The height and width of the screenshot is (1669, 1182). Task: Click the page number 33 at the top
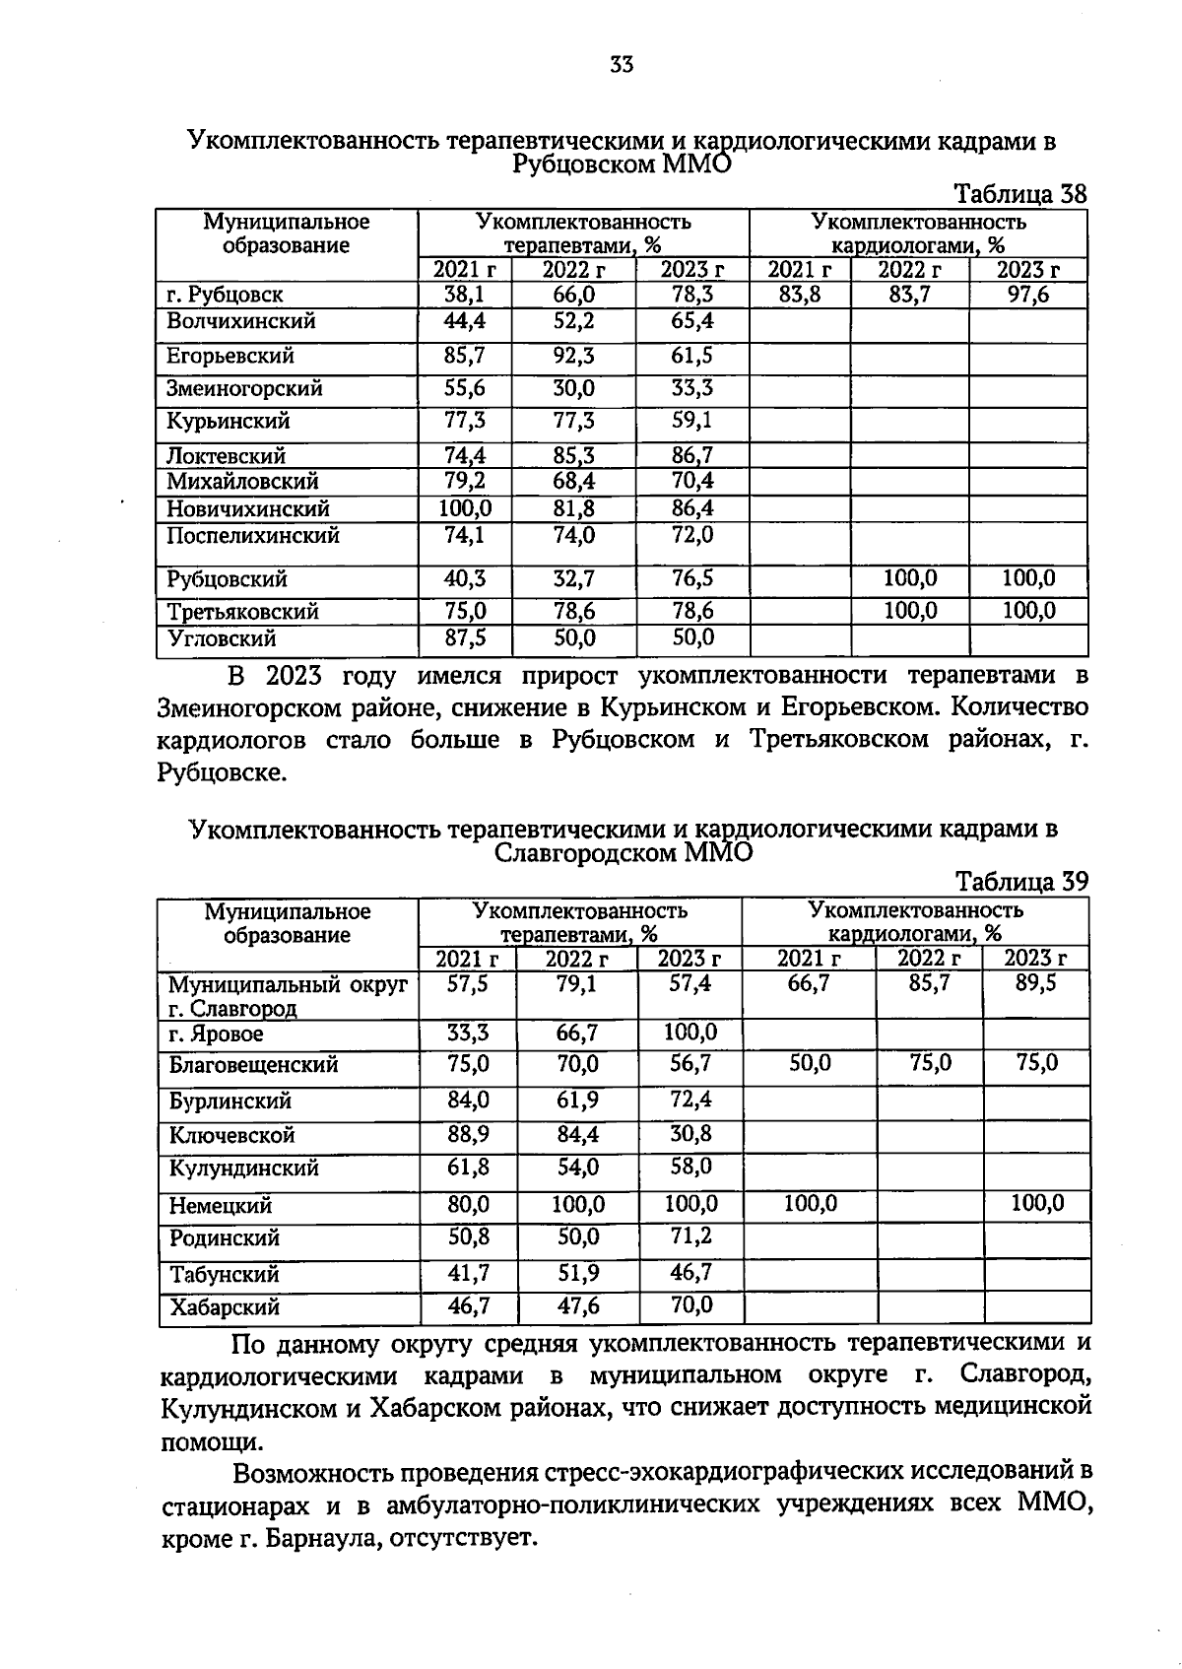tap(622, 66)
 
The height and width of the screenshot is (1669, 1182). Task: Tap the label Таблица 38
tap(1020, 194)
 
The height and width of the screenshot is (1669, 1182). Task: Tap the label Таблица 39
tap(1021, 881)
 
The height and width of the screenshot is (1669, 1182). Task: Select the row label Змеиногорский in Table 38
tap(244, 389)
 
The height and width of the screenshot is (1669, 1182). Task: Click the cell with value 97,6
tap(1027, 295)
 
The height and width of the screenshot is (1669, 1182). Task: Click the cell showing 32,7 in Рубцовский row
tap(573, 579)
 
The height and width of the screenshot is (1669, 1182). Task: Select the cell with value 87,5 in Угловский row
tap(465, 638)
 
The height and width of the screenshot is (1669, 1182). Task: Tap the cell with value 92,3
tap(573, 356)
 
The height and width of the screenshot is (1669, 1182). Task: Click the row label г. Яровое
tap(216, 1035)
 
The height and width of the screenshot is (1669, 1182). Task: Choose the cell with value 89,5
tap(1035, 983)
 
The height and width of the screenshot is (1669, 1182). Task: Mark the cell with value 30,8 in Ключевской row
tap(690, 1134)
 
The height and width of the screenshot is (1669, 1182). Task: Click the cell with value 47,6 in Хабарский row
tap(578, 1307)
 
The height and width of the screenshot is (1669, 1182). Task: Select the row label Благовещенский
tap(253, 1065)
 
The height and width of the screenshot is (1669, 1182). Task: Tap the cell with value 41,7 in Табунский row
tap(468, 1274)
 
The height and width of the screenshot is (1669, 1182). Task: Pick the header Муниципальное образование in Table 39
tap(287, 923)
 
